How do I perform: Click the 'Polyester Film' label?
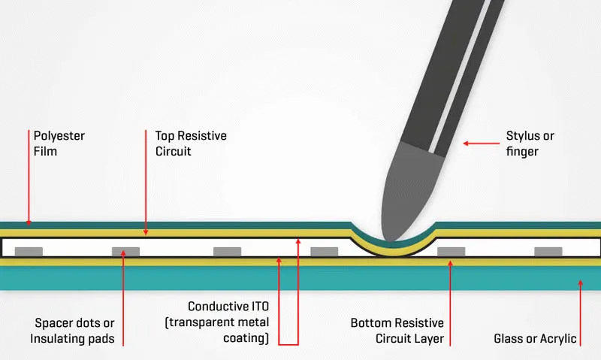(59, 144)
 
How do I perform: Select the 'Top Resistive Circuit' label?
(191, 144)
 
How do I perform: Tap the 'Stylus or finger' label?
(530, 144)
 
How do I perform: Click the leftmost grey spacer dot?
(29, 251)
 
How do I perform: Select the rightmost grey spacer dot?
(548, 251)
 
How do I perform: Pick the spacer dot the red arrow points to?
(125, 251)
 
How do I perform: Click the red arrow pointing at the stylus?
(476, 143)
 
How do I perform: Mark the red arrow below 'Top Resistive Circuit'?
(146, 188)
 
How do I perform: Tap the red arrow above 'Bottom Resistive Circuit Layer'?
(449, 301)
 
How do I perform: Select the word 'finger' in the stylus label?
(524, 151)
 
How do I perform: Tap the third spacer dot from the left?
(228, 251)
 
